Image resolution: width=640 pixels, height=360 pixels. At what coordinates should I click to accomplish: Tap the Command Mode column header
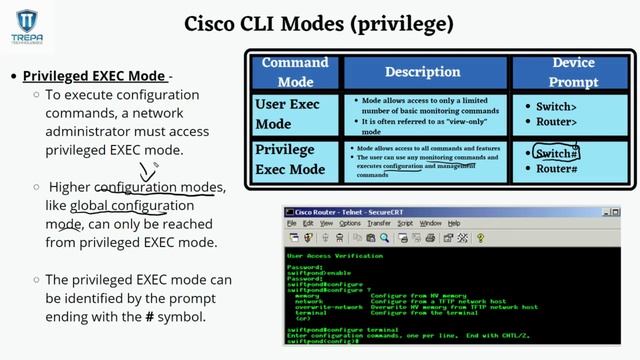[x=295, y=72]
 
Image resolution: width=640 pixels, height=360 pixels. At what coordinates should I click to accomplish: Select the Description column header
[x=423, y=72]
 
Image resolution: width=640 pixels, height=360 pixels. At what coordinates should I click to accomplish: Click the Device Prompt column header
[x=572, y=72]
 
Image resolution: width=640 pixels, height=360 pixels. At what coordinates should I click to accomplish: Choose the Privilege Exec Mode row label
[x=291, y=160]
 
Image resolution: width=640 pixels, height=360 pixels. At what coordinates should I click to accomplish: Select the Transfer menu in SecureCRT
[x=378, y=223]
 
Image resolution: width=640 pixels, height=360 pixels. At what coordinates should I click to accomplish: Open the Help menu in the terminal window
[x=453, y=223]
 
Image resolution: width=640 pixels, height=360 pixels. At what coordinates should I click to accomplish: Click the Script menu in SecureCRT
[x=405, y=223]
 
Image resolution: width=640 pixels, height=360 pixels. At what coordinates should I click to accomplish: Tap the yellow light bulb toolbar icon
[x=480, y=238]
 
